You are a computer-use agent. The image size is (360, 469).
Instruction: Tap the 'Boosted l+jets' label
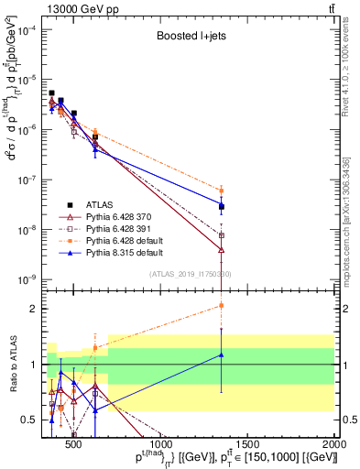(190, 38)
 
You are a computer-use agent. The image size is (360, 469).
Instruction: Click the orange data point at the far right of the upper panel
(222, 191)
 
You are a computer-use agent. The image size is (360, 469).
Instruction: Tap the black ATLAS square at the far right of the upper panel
(222, 206)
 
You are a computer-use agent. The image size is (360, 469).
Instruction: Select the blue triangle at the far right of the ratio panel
(222, 354)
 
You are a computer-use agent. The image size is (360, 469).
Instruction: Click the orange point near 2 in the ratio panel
(222, 305)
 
